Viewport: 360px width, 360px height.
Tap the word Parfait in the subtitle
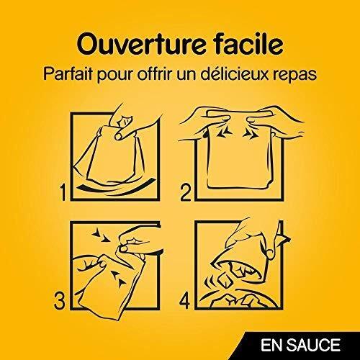tap(68, 73)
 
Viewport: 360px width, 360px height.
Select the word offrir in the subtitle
tap(155, 73)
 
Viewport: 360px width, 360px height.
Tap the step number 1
tap(63, 192)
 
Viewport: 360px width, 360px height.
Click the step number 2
tap(186, 192)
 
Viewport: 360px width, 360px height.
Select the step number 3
tap(59, 300)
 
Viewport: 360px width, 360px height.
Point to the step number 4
tap(184, 300)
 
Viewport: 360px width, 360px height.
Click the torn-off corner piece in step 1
tap(125, 121)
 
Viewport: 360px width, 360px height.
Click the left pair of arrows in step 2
tap(224, 132)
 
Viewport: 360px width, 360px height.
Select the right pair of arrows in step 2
tap(251, 134)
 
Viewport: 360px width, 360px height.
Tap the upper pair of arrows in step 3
tap(101, 235)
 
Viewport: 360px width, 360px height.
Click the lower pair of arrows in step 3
tap(119, 279)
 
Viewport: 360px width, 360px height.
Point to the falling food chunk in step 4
tap(225, 281)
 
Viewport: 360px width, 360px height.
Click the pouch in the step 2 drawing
tap(240, 153)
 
